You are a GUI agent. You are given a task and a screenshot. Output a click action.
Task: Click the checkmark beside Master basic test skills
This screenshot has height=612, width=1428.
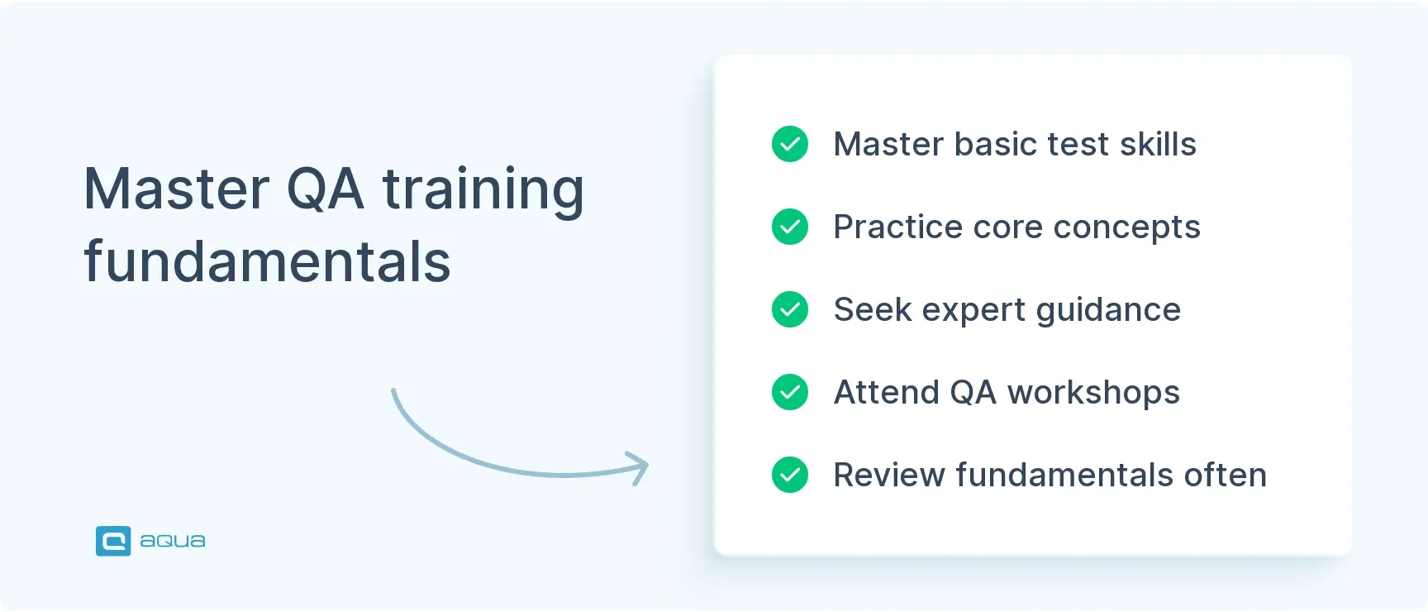(x=790, y=144)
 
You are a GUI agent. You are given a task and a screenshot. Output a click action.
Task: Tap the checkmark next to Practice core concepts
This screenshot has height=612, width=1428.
(x=790, y=227)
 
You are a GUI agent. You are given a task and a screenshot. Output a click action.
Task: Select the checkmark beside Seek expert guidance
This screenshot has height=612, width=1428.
(x=790, y=309)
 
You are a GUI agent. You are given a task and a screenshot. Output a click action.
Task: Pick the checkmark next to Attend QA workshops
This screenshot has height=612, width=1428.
(x=790, y=392)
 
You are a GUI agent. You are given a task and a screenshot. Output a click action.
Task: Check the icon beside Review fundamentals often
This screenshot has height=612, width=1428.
(x=790, y=475)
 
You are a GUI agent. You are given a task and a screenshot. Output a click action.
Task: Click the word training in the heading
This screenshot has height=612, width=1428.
(x=483, y=190)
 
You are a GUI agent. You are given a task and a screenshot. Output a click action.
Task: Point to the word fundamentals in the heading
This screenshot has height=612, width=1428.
(x=267, y=262)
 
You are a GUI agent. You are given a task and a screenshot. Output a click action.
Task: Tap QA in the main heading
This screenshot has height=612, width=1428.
(x=325, y=189)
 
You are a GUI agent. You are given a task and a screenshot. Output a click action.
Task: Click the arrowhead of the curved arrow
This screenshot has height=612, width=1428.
(x=640, y=467)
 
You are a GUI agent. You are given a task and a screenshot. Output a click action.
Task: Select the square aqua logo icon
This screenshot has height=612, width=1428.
(x=113, y=541)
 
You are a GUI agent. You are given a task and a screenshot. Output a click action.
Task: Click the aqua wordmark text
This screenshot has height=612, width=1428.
(x=173, y=541)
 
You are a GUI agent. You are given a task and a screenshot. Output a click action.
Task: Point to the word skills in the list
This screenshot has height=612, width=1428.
(x=1158, y=144)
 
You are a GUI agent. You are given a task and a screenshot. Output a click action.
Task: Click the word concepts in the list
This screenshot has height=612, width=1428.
(x=1126, y=227)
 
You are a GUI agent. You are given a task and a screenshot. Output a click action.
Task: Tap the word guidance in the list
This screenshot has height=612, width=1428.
(x=1108, y=310)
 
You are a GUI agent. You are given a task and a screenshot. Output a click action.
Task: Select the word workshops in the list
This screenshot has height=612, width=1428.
(x=1093, y=393)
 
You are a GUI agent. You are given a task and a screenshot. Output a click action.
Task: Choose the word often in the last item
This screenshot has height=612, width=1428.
(x=1225, y=475)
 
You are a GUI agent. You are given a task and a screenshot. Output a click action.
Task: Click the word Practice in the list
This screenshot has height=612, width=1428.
(x=897, y=227)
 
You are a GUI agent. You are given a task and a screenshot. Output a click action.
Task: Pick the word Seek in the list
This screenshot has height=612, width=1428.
(x=872, y=309)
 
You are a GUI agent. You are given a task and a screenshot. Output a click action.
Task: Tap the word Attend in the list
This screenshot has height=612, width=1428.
(x=886, y=392)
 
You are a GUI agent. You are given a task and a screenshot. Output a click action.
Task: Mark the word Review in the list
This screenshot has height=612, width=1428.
(x=889, y=475)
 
